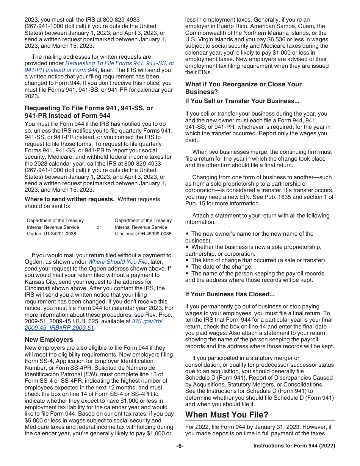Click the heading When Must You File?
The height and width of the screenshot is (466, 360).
(x=227, y=415)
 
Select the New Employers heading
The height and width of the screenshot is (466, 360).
(x=49, y=339)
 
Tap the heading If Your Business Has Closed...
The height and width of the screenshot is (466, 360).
(x=230, y=294)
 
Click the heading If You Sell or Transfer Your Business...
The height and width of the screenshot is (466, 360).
(x=242, y=101)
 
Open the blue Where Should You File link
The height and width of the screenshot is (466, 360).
(x=117, y=262)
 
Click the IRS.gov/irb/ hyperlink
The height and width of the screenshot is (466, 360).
(x=147, y=321)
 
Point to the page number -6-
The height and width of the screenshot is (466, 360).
(x=180, y=446)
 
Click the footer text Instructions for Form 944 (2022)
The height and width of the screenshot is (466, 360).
(x=294, y=446)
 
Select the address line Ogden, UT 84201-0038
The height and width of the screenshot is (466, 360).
(x=52, y=234)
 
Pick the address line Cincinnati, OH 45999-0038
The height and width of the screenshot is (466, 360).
(x=143, y=234)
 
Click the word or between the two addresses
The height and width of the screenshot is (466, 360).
(x=99, y=227)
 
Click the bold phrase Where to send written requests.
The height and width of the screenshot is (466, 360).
(x=69, y=199)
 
